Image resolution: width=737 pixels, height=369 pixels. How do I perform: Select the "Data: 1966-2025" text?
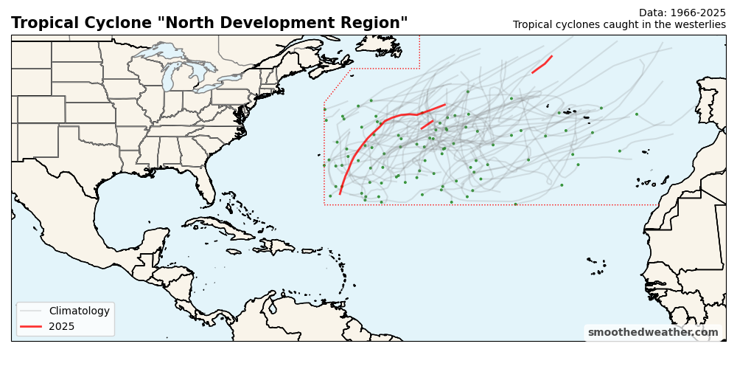[682, 13]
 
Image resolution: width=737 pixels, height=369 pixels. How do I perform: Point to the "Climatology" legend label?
[79, 311]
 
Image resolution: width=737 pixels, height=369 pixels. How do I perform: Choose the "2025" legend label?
[62, 326]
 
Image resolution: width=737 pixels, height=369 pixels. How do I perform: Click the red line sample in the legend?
[31, 326]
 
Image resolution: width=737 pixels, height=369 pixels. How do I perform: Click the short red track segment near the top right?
[542, 64]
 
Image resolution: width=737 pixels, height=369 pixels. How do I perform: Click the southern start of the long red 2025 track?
[340, 193]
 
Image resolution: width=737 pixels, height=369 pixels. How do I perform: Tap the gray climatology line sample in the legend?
[31, 311]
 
